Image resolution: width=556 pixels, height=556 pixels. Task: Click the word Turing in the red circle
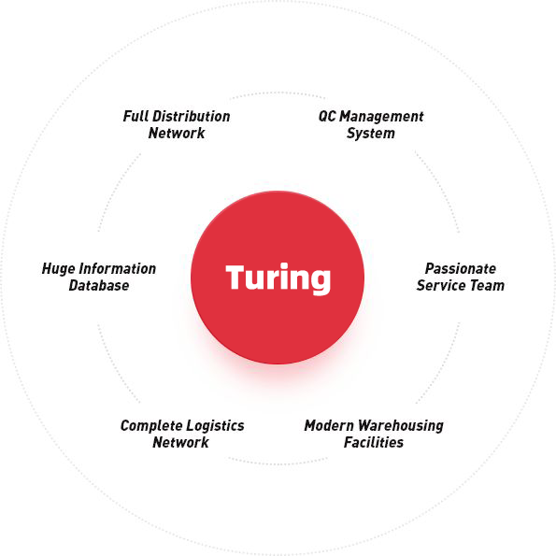click(x=278, y=278)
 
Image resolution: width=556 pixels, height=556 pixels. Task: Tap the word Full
click(x=135, y=116)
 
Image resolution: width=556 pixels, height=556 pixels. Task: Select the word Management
click(x=381, y=117)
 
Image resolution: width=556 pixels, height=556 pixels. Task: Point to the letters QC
click(x=327, y=116)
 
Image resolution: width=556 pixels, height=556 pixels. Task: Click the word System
click(x=371, y=134)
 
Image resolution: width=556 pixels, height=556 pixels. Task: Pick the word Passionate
click(x=461, y=269)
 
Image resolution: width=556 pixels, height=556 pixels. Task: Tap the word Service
click(x=438, y=285)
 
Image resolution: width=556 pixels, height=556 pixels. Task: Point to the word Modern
click(x=329, y=425)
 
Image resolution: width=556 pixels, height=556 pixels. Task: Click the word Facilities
click(x=374, y=442)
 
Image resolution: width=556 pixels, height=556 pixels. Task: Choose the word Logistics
click(x=215, y=426)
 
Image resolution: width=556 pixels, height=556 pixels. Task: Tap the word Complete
click(x=151, y=426)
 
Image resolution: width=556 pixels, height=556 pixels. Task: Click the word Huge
click(x=59, y=269)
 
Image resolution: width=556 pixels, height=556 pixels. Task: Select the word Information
click(x=118, y=269)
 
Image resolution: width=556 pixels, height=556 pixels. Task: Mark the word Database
click(x=99, y=285)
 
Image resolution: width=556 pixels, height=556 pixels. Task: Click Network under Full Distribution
click(x=177, y=134)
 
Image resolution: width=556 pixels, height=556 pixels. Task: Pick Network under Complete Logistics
click(x=181, y=443)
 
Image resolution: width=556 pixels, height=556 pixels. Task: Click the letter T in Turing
click(x=236, y=277)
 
